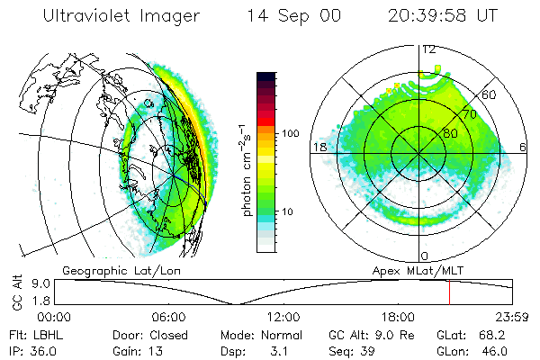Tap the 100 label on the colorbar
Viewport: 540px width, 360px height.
pyautogui.click(x=289, y=133)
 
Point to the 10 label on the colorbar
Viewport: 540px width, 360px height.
pyautogui.click(x=289, y=212)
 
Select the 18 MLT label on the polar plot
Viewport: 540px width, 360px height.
pyautogui.click(x=318, y=147)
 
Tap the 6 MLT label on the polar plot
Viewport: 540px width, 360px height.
pyautogui.click(x=524, y=147)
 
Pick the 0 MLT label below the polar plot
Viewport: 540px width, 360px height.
pyautogui.click(x=425, y=256)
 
